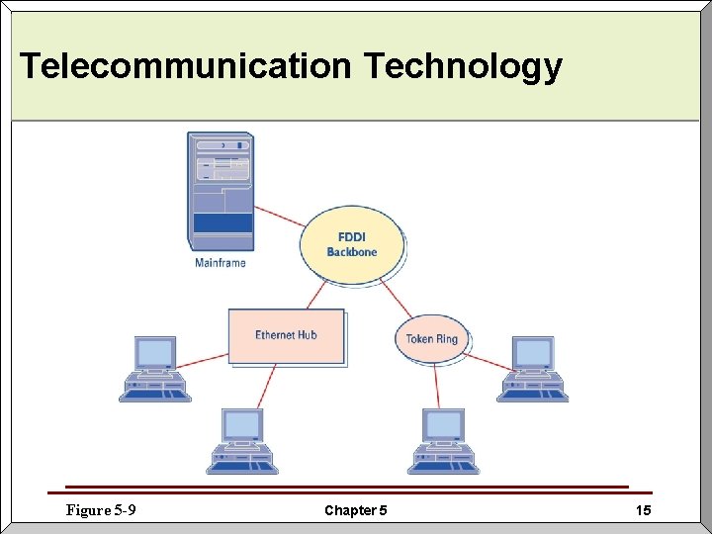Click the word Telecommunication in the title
tap(185, 66)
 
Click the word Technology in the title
tap(463, 66)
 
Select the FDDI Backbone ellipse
tap(352, 244)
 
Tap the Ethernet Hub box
tap(286, 335)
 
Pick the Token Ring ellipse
tap(432, 339)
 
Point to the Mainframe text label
tap(220, 263)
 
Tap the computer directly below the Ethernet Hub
tap(243, 441)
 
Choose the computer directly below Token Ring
tap(444, 441)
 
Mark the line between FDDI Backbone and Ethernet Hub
tap(315, 295)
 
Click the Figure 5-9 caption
tap(100, 510)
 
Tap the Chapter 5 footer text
tap(355, 511)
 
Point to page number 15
tap(643, 510)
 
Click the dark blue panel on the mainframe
tap(222, 222)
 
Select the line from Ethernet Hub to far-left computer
tap(203, 359)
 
